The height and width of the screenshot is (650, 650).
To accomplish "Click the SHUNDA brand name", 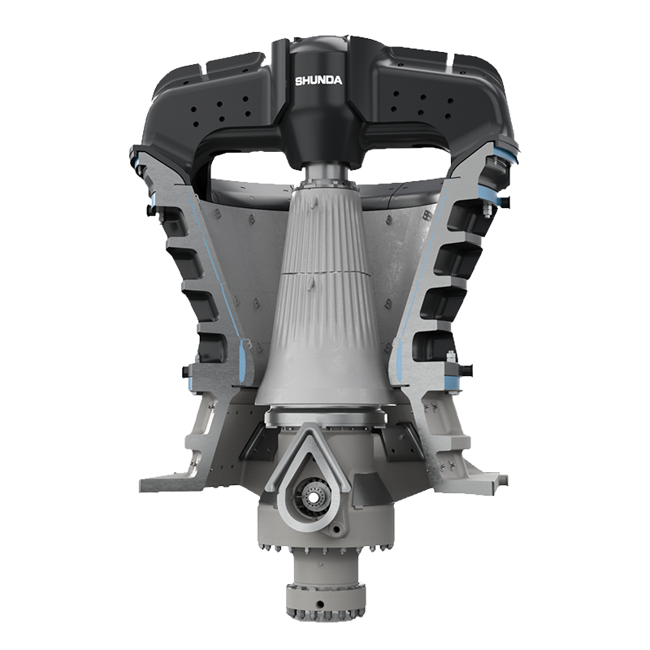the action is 318,80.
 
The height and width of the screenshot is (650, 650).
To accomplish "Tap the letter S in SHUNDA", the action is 298,80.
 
